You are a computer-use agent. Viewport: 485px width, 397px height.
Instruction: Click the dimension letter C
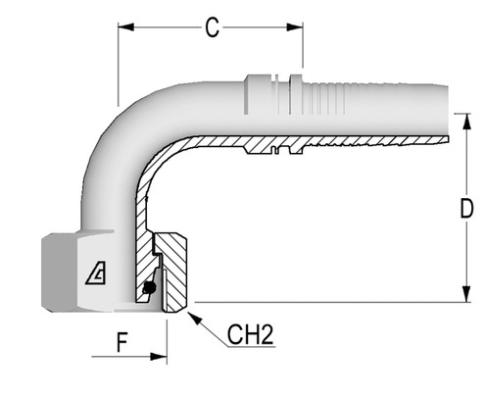pos(211,27)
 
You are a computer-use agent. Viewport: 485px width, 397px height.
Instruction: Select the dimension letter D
pos(467,209)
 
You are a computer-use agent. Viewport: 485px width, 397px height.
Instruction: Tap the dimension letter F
pos(122,344)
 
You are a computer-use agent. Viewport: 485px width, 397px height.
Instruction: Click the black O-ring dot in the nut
pos(147,288)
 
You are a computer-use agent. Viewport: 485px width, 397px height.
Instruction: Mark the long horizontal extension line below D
pos(323,300)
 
